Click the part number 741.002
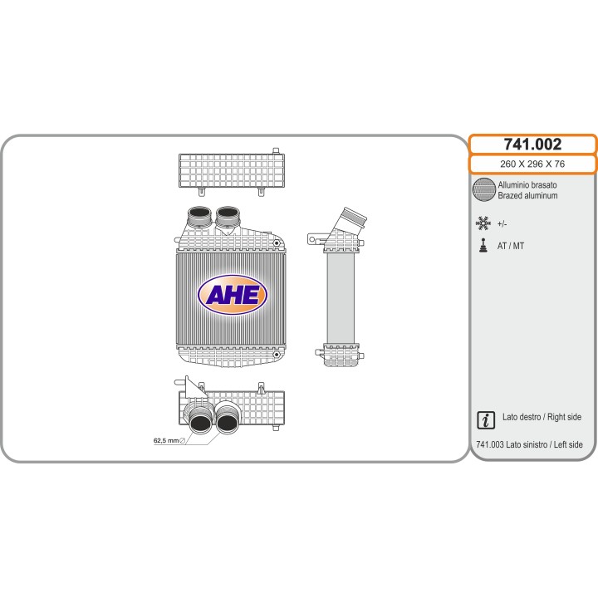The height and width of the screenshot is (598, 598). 532,145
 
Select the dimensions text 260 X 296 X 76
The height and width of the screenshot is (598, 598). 532,164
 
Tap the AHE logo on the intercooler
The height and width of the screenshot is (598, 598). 233,295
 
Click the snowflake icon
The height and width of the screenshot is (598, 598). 483,223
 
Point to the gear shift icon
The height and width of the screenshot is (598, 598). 483,245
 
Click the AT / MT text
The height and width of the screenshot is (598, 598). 510,246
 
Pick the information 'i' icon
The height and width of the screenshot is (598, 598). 486,420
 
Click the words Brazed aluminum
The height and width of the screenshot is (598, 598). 527,196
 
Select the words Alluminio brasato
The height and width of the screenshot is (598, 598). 527,185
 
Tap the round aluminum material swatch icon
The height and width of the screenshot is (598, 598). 484,189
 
